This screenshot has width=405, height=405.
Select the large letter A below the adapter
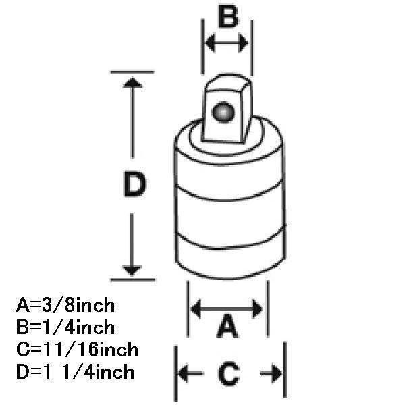click(228, 329)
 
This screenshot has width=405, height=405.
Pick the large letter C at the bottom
click(229, 373)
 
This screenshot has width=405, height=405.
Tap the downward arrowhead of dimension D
click(133, 268)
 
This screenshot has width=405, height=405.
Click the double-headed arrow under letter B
click(226, 43)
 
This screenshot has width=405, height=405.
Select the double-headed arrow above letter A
click(227, 309)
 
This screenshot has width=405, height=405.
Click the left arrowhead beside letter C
click(184, 373)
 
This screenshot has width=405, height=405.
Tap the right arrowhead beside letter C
click(275, 373)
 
